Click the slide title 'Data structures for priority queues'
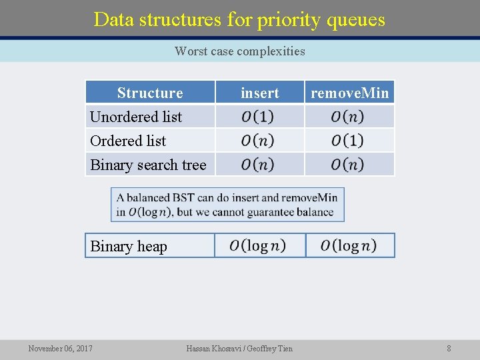point(239,19)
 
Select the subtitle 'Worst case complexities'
point(239,51)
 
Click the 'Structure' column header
point(150,93)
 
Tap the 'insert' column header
point(259,93)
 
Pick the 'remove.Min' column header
point(350,93)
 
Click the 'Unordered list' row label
point(136,117)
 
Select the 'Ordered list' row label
point(128,141)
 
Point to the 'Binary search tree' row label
point(148,165)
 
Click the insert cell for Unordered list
point(259,117)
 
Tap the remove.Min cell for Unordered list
point(349,117)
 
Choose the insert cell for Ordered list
point(259,141)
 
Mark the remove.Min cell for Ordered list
point(349,141)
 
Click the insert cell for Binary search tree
point(259,165)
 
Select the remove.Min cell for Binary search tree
point(349,165)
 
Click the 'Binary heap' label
point(129,246)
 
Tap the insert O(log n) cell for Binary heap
point(259,245)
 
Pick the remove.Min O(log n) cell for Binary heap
point(349,245)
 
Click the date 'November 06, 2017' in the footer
point(61,348)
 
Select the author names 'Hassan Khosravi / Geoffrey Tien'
point(239,348)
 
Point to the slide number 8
point(449,348)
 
